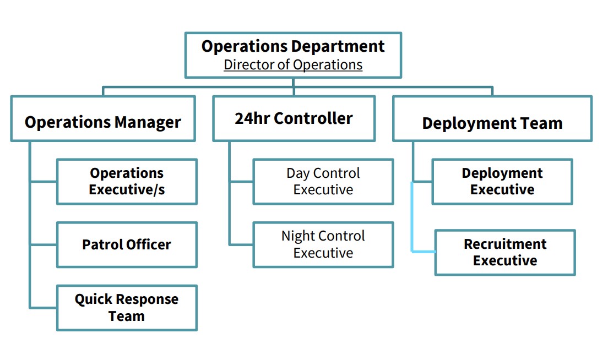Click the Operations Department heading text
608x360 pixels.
click(x=293, y=46)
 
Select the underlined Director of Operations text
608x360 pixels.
click(x=293, y=65)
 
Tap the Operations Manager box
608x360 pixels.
click(x=103, y=118)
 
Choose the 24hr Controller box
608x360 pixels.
click(x=294, y=118)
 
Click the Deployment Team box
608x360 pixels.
click(x=492, y=118)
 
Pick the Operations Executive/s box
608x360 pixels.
click(x=127, y=181)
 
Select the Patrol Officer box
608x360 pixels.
click(x=127, y=245)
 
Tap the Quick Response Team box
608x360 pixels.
click(x=127, y=308)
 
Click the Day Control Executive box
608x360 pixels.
click(x=323, y=181)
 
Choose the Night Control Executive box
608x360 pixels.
click(x=323, y=245)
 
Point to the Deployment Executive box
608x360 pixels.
click(x=502, y=181)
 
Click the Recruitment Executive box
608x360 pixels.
click(x=505, y=253)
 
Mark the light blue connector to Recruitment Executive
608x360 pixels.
click(x=412, y=228)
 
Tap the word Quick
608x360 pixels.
click(x=94, y=299)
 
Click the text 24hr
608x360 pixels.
click(x=252, y=118)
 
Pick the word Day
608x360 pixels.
click(x=298, y=173)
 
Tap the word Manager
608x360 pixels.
click(x=148, y=122)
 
